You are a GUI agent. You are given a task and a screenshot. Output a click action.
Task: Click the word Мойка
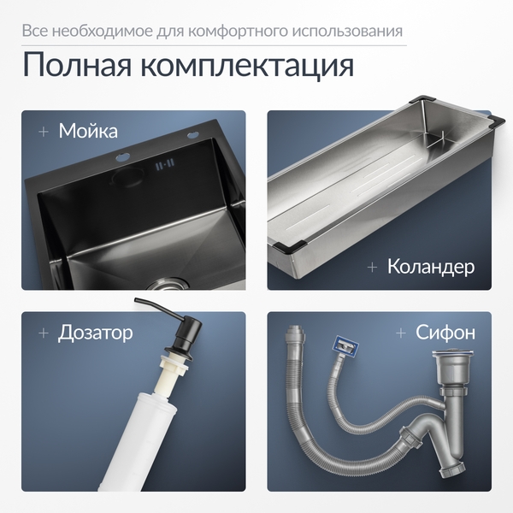coord(88,131)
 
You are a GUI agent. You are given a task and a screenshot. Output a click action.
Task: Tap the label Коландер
coord(431,267)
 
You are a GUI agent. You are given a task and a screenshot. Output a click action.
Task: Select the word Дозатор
coord(96,333)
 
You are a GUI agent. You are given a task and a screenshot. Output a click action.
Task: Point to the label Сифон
coord(445,333)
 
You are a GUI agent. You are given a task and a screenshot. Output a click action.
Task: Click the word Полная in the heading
coord(77,64)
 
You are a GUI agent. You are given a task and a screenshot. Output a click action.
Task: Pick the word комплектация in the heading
coord(248,66)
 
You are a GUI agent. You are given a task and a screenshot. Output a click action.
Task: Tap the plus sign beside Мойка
coord(44,132)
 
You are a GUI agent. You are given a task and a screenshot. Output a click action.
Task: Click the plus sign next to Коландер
coord(372,268)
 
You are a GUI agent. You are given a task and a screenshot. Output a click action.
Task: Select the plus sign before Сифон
coord(401,333)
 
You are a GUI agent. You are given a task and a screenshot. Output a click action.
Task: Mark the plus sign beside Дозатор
coord(44,333)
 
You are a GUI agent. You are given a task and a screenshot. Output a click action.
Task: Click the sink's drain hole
coord(168,284)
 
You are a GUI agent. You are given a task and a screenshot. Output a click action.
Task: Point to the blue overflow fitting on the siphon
coord(345,345)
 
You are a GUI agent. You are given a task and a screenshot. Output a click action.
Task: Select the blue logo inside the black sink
coord(165,164)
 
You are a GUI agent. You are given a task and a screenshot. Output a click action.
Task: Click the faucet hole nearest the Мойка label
coord(122,157)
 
